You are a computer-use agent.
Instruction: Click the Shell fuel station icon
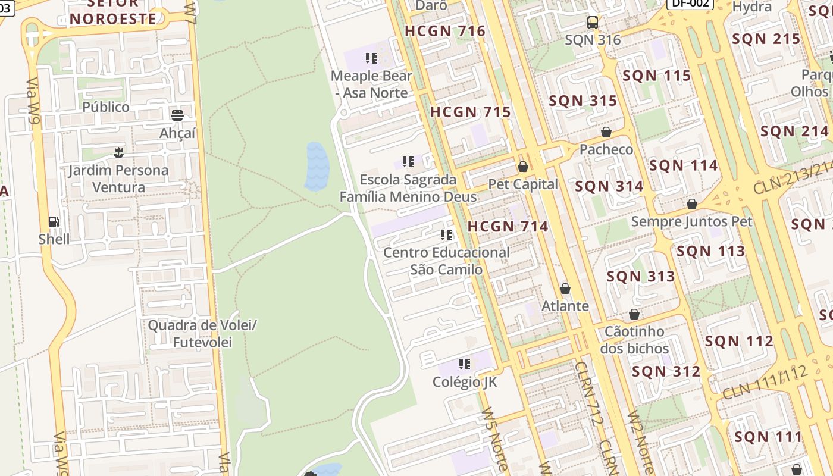[x=54, y=222]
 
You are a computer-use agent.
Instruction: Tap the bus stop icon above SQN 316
[x=593, y=23]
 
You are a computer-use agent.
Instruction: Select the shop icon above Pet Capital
[x=523, y=167]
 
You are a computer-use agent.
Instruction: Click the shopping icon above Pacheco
[x=606, y=132]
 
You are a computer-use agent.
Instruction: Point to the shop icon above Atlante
[x=565, y=289]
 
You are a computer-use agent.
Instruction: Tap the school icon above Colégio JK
[x=465, y=364]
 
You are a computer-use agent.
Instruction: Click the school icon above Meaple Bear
[x=371, y=58]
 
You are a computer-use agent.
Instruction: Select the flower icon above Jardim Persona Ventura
[x=119, y=153]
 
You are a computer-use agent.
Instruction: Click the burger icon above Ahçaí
[x=177, y=115]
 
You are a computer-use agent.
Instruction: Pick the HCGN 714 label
[x=508, y=226]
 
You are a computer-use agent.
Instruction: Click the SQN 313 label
[x=641, y=276]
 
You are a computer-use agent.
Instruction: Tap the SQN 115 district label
[x=656, y=76]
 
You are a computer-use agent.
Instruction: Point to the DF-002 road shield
[x=690, y=4]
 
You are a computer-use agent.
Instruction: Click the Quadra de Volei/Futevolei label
[x=202, y=334]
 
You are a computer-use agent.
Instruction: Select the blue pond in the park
[x=317, y=167]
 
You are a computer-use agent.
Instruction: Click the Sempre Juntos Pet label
[x=691, y=221]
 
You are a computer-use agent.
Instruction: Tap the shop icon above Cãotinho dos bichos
[x=634, y=314]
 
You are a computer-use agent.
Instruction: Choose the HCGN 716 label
[x=445, y=31]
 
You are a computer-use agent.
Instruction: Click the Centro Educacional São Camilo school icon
[x=446, y=235]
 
